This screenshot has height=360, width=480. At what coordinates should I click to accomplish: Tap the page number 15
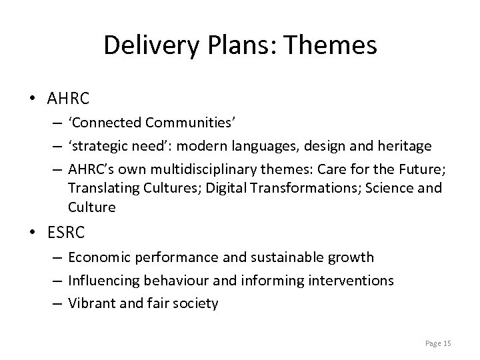point(447,343)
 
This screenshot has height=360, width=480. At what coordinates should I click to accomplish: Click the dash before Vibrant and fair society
point(58,303)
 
